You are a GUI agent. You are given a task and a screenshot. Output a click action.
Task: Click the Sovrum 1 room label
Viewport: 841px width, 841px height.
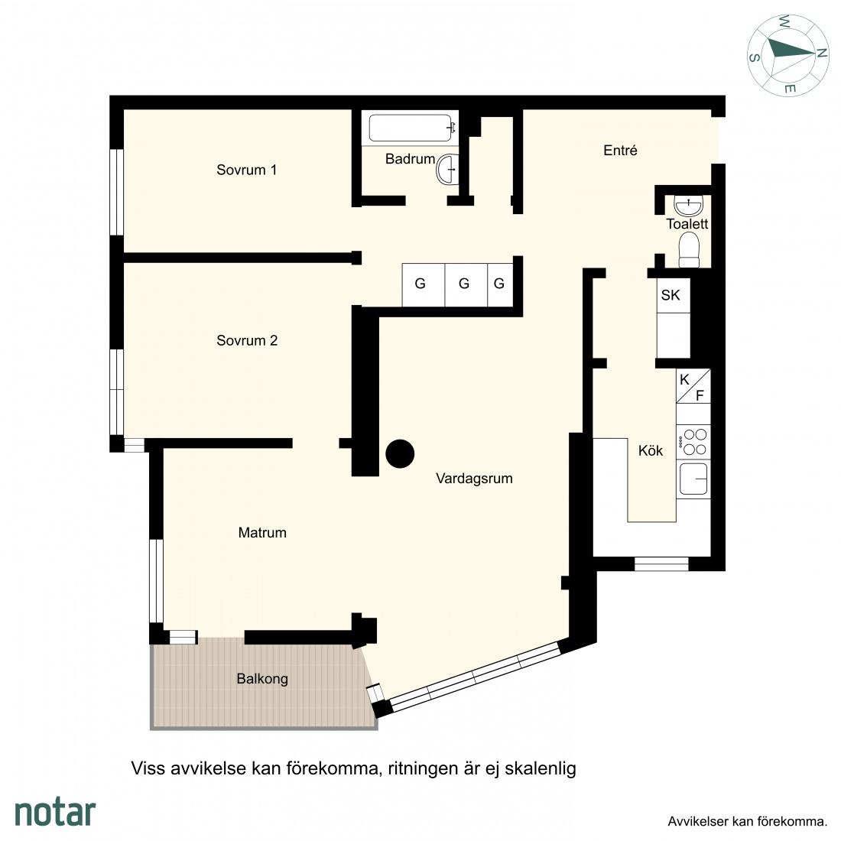[x=247, y=170]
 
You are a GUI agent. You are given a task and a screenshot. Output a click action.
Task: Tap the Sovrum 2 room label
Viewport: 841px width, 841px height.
[x=247, y=340]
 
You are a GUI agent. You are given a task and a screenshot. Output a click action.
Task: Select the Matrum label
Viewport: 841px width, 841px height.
[x=262, y=533]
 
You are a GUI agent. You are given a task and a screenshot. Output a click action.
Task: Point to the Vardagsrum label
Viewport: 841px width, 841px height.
[x=474, y=479]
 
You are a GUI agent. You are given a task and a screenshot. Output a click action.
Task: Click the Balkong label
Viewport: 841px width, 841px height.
[x=262, y=679]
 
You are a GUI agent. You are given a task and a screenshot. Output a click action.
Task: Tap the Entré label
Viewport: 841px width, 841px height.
[x=620, y=150]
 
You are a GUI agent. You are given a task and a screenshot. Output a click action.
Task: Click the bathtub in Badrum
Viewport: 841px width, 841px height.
[x=411, y=128]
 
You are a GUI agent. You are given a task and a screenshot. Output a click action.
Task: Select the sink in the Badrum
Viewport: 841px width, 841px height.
[x=447, y=170]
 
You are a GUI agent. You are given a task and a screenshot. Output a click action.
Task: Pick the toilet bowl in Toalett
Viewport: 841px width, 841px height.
[x=689, y=250]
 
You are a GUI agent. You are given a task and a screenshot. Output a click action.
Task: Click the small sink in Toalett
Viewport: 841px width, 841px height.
[x=688, y=206]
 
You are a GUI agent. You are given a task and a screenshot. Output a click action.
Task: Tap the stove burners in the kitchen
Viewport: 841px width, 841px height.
[x=693, y=442]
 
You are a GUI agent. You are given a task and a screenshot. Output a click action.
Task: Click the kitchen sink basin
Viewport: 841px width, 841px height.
[x=693, y=479]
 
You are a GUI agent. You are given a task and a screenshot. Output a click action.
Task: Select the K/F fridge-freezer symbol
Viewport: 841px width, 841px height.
[x=693, y=386]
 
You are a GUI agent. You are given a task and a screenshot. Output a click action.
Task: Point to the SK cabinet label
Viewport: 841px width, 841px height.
[x=671, y=295]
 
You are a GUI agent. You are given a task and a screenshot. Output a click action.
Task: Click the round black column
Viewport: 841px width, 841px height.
[x=400, y=453]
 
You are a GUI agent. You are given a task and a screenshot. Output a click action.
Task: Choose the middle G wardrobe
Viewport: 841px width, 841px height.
[x=465, y=284]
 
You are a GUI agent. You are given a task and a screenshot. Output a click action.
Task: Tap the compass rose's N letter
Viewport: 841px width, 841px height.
[x=820, y=53]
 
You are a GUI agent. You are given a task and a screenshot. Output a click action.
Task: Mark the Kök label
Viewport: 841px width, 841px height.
[x=651, y=450]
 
